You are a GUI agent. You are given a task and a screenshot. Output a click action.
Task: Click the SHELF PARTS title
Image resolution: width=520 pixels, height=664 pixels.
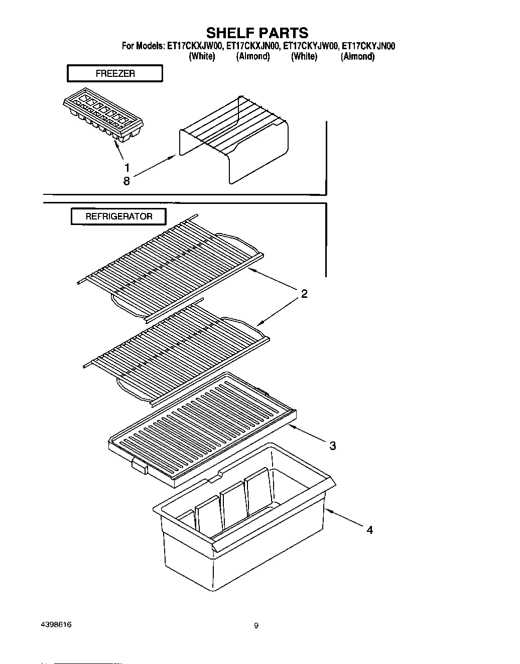click(x=257, y=33)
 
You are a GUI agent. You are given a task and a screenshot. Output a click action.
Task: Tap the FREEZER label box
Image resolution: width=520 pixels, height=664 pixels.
click(x=115, y=73)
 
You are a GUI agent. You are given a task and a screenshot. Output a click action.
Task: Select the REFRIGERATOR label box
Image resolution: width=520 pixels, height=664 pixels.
click(x=118, y=216)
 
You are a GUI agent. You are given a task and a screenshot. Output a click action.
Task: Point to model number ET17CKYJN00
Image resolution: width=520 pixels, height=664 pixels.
click(x=368, y=46)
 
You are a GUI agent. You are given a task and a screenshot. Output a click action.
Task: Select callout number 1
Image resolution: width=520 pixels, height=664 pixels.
click(x=127, y=167)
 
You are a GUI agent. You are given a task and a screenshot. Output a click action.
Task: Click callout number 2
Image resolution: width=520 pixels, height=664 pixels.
click(x=304, y=294)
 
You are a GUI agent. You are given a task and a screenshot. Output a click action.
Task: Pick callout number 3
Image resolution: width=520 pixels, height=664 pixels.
click(x=332, y=445)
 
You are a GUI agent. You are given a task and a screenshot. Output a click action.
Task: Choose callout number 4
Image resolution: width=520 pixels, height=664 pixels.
click(x=369, y=529)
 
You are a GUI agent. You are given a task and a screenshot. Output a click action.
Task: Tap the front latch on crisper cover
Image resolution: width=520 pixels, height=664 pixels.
click(x=139, y=467)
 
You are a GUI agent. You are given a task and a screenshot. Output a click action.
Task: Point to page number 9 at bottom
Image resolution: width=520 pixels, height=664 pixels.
click(x=256, y=626)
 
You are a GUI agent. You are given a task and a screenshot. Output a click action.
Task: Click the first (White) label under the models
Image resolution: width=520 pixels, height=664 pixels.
click(x=202, y=57)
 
